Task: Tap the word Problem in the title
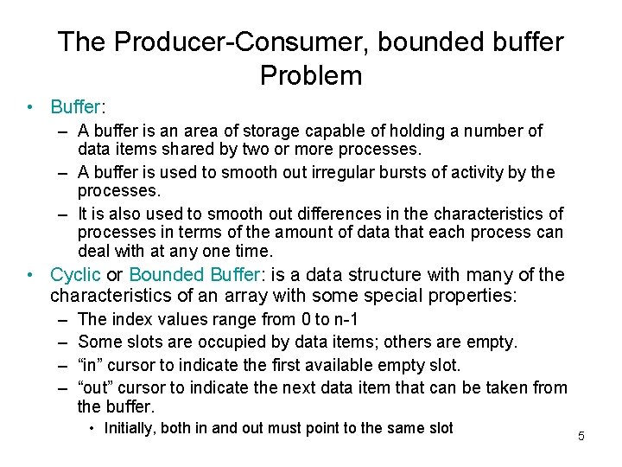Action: point(310,76)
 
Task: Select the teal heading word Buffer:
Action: point(77,107)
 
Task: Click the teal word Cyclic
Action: point(75,276)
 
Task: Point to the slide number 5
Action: point(581,436)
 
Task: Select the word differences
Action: point(321,214)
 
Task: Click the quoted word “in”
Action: point(92,365)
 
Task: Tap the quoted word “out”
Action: point(97,387)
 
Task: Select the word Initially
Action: point(131,429)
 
